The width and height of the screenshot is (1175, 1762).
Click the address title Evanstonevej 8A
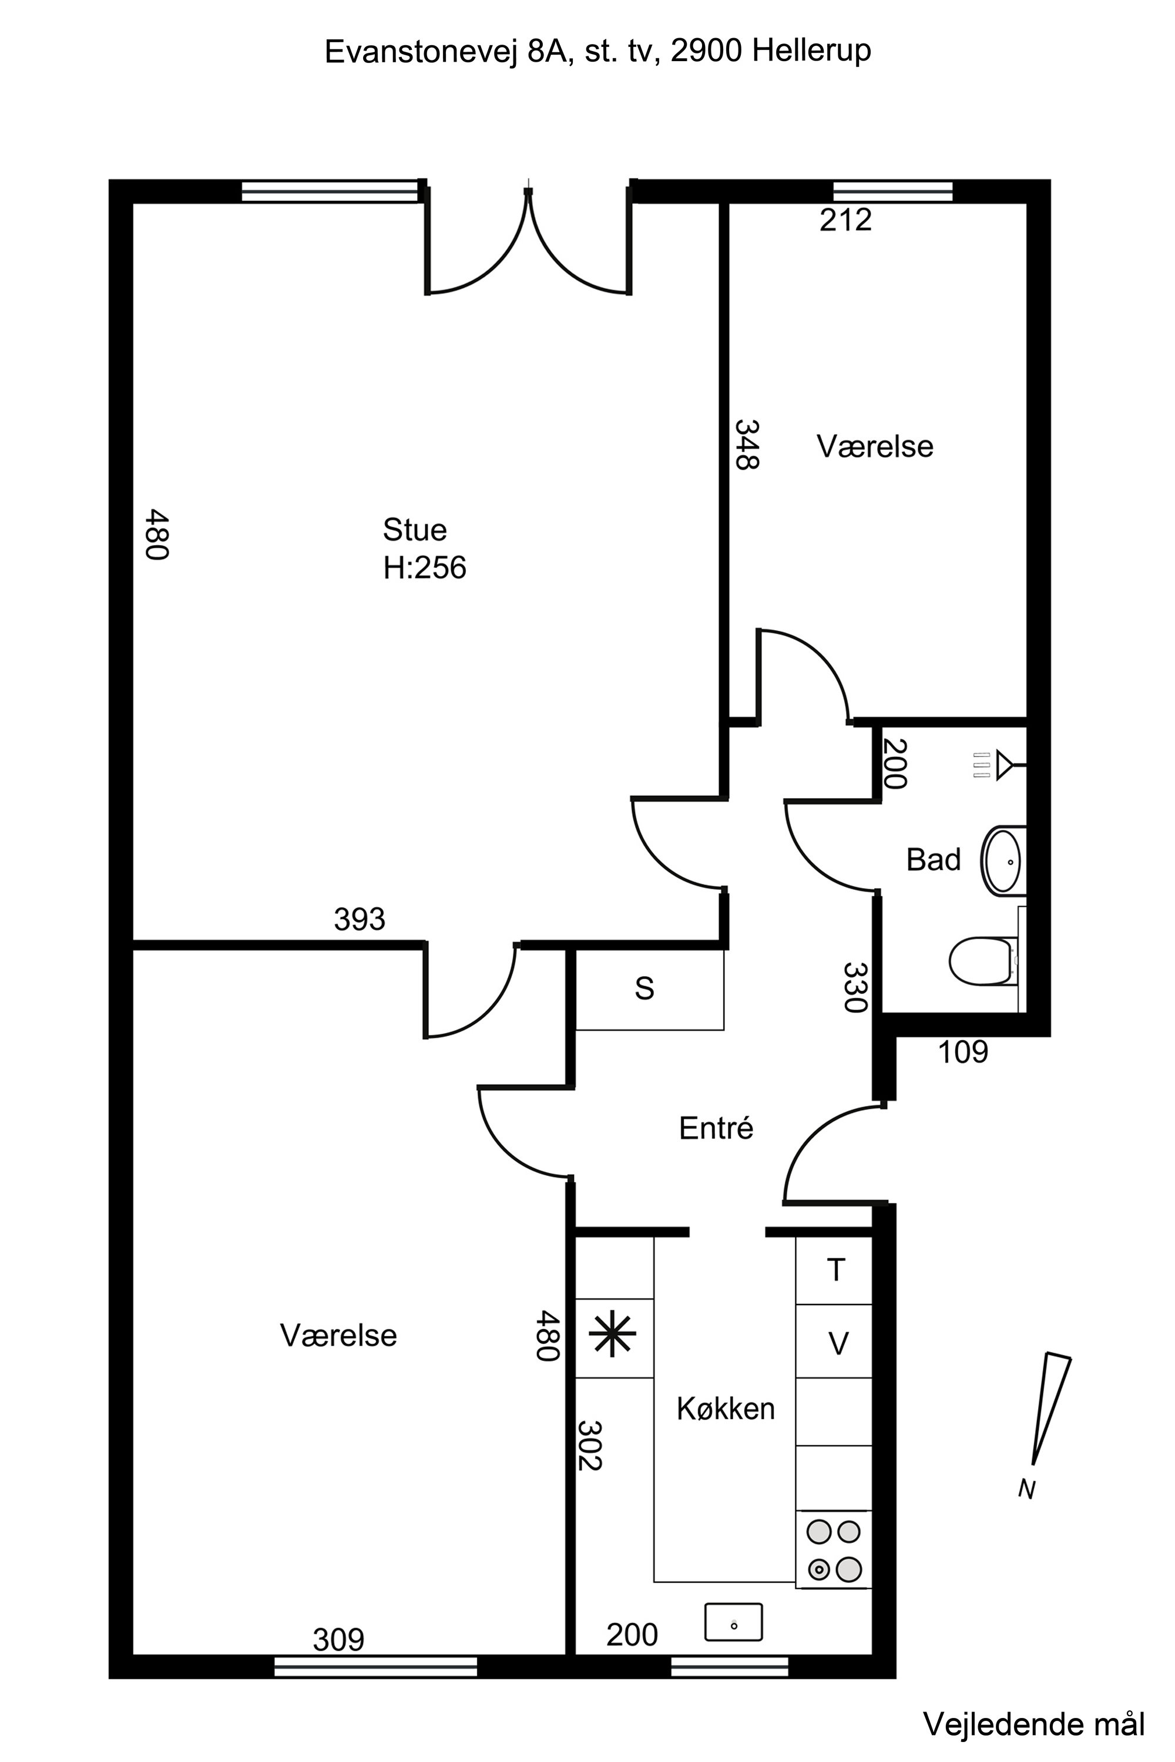pyautogui.click(x=597, y=52)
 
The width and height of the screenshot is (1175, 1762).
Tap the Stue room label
pyautogui.click(x=414, y=530)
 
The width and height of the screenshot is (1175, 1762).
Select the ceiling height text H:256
pyautogui.click(x=424, y=568)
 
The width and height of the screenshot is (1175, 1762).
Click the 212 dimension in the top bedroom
pyautogui.click(x=845, y=220)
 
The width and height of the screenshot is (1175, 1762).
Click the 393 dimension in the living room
pyautogui.click(x=360, y=919)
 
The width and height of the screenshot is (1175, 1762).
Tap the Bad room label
pyautogui.click(x=933, y=860)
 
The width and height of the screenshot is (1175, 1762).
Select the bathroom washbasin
pyautogui.click(x=1003, y=862)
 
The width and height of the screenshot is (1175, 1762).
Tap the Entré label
pyautogui.click(x=716, y=1128)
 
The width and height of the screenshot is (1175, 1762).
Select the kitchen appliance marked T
pyautogui.click(x=835, y=1270)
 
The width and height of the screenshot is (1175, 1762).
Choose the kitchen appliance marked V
pyautogui.click(x=838, y=1344)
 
